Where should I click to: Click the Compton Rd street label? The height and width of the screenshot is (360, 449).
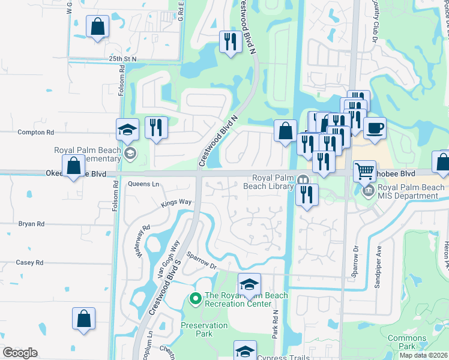[36, 132]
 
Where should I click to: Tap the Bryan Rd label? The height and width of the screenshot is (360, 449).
[31, 224]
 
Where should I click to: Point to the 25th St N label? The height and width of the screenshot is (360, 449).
[123, 59]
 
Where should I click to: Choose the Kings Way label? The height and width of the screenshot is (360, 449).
[176, 204]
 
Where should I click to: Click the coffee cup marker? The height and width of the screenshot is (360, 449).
[375, 128]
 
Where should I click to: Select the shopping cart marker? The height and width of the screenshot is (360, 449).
[365, 171]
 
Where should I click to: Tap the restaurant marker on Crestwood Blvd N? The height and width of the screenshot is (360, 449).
[229, 42]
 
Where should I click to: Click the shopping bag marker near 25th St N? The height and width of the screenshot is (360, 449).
[97, 27]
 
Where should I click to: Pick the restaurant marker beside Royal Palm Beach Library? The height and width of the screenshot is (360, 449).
[306, 195]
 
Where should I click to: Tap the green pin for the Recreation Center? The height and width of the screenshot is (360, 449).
[194, 298]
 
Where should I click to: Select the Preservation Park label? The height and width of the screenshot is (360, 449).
[204, 329]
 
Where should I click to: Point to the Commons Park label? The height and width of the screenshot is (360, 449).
[406, 343]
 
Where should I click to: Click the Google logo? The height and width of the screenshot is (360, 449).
[20, 352]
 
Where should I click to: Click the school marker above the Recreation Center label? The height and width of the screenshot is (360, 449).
[249, 285]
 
